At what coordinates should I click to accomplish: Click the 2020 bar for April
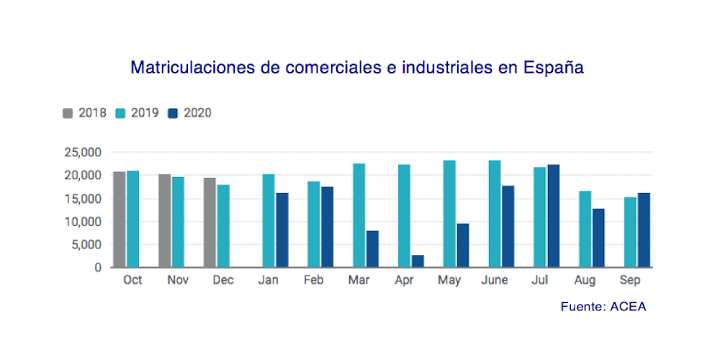coord(418,261)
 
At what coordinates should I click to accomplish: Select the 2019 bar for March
coord(359,215)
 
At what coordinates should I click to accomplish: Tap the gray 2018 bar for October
coord(120,220)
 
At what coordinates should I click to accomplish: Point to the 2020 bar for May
coord(463,246)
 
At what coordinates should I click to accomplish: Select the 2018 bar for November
coord(164,220)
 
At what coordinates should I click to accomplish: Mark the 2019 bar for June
coord(495,214)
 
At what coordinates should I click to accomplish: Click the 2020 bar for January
coord(282,230)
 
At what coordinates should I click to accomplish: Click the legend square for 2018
coord(68,113)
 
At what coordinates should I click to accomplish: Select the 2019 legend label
coord(145,113)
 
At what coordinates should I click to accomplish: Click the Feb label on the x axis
coord(314,281)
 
